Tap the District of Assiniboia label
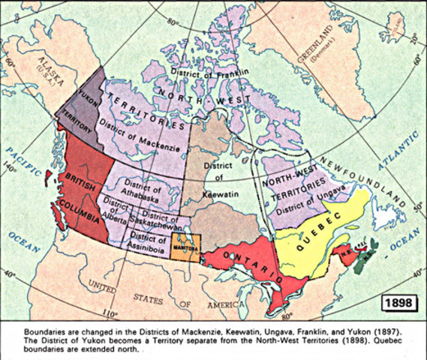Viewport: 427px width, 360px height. coord(146,234)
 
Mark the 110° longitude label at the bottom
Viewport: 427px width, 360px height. coord(111,313)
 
